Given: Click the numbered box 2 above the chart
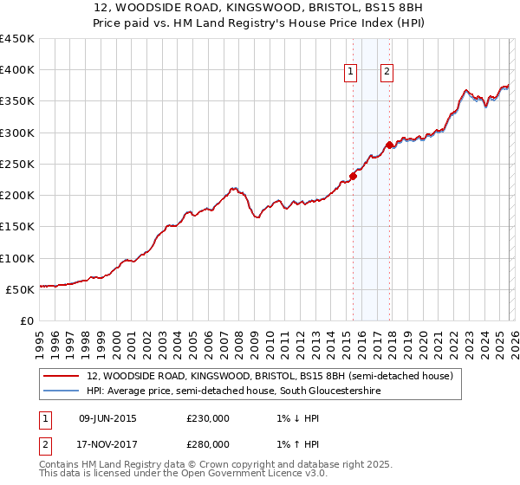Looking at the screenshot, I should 387,73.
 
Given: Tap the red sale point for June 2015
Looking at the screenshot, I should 353,177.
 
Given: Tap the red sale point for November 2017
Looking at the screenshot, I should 390,145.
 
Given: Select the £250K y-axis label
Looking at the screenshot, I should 17,164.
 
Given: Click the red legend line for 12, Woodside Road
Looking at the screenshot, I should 61,377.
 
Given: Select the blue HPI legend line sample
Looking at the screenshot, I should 61,391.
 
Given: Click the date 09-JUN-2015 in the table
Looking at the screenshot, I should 107,417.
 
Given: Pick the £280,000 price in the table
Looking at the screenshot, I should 208,443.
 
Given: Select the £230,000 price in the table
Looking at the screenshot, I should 208,417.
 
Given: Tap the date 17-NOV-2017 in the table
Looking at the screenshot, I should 107,443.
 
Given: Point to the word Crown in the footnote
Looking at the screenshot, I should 210,465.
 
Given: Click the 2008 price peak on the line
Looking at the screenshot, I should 233,187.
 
